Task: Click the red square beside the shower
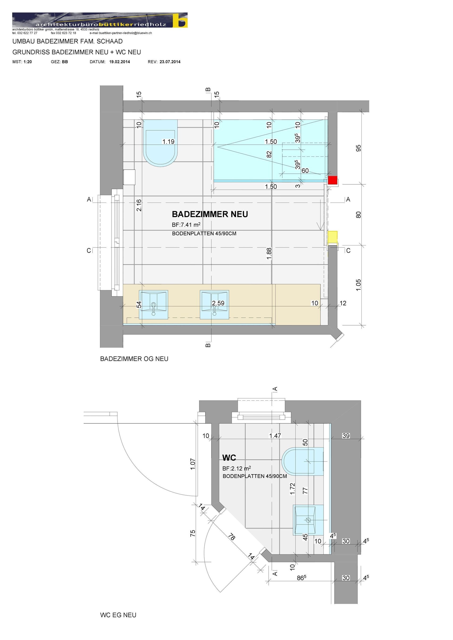point(332,180)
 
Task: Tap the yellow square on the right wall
point(332,237)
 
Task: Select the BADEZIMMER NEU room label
point(210,214)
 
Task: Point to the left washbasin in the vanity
point(153,305)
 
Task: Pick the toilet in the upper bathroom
point(160,143)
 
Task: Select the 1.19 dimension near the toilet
point(168,142)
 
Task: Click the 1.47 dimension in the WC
point(275,436)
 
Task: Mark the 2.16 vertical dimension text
point(139,205)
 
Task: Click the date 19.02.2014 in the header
point(119,62)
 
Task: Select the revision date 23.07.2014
point(170,62)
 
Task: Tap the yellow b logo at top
point(180,20)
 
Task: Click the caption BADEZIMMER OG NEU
point(134,359)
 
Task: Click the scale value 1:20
point(28,62)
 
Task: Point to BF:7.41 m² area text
point(186,225)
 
